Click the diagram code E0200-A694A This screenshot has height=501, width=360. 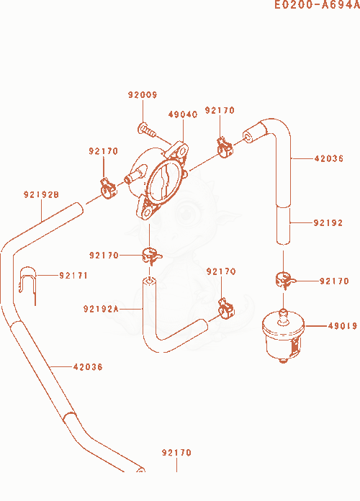[317, 4]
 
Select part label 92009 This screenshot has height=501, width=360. [143, 95]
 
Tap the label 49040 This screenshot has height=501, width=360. [183, 114]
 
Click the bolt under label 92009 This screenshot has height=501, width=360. [147, 130]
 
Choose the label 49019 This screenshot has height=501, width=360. [343, 326]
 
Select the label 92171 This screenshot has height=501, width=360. [73, 276]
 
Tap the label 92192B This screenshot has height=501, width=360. [41, 194]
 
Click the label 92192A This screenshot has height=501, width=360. [101, 309]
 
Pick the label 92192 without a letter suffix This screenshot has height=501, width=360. [328, 222]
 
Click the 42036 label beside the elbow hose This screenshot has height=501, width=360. [328, 158]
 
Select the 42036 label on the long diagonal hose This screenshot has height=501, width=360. [88, 367]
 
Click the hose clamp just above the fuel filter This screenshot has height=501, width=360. [284, 280]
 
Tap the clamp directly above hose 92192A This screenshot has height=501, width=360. [151, 256]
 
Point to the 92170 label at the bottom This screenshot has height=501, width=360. [176, 453]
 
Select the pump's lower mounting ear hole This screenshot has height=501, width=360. [148, 213]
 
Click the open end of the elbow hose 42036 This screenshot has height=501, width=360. [248, 137]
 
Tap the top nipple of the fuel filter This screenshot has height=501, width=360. [283, 315]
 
